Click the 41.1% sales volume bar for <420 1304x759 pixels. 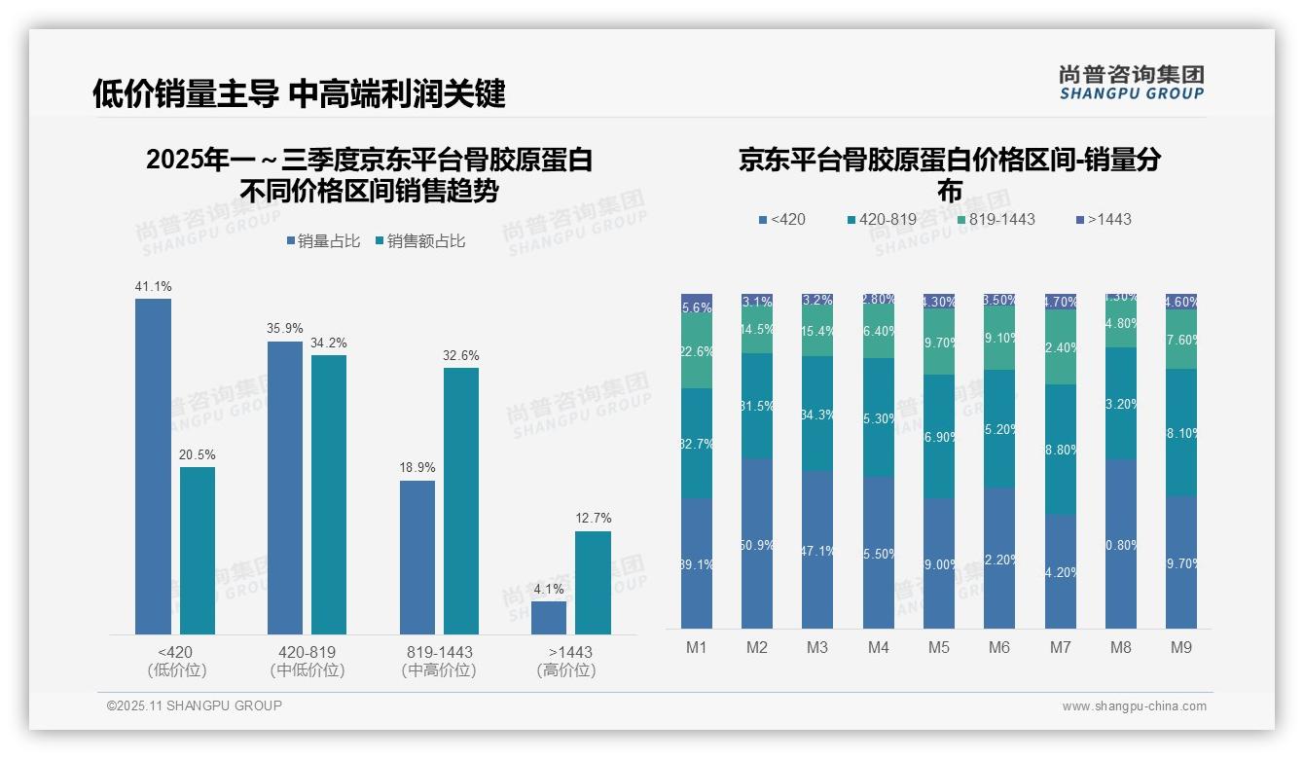tap(153, 467)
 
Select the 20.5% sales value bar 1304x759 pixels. tap(198, 551)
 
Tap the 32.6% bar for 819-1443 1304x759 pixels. tap(461, 501)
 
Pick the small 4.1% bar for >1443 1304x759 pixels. tap(549, 618)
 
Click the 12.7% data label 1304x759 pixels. tap(594, 519)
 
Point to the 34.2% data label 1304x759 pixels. tap(329, 343)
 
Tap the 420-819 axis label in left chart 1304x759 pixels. tap(308, 652)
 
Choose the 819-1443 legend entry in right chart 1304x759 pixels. tap(995, 220)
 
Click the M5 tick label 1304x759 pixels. tap(939, 647)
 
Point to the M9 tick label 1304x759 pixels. tap(1180, 647)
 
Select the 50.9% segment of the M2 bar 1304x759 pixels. tap(757, 545)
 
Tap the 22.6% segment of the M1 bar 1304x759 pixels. tap(697, 351)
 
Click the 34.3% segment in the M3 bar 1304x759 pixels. tap(817, 415)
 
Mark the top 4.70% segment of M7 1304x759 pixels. tap(1060, 302)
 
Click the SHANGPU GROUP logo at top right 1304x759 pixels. tap(1132, 83)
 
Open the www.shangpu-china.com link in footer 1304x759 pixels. tap(1134, 706)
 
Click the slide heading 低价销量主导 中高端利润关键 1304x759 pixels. tap(299, 94)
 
